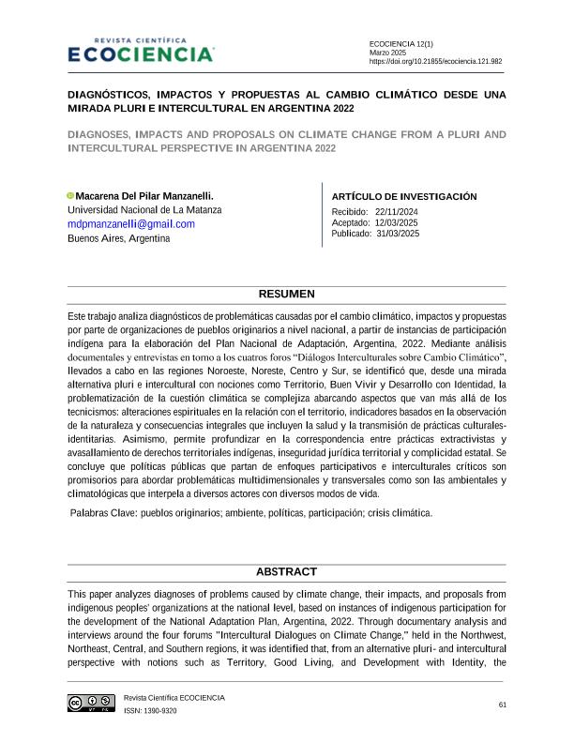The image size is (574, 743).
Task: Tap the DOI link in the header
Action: coord(435,60)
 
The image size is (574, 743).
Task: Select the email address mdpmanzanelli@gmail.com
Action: coord(131,224)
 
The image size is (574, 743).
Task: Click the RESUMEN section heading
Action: coord(287,295)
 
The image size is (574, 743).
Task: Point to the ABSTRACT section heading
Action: coord(287,572)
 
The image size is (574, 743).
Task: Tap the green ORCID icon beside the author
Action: coord(70,195)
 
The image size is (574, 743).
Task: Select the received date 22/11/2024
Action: coord(397,212)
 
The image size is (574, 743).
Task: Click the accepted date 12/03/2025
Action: coord(396,222)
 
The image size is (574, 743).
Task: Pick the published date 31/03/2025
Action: coord(399,233)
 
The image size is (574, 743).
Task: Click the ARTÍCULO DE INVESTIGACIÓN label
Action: coord(404,196)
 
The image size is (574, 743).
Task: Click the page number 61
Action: coord(503,705)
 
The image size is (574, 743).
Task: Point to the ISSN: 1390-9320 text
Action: coord(150,710)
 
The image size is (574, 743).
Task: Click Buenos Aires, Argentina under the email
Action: coord(119,238)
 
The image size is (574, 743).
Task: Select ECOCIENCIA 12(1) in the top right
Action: coord(401,44)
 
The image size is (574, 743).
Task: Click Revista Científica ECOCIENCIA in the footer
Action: coord(174,698)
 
